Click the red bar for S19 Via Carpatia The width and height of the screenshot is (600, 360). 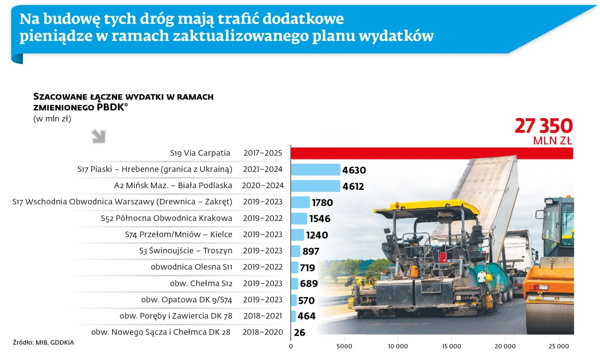coord(432,153)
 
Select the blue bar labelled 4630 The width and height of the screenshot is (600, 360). coord(315,170)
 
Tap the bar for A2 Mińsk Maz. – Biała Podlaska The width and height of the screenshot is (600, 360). coord(315,186)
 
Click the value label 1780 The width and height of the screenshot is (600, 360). coord(322,202)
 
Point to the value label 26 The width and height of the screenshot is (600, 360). coord(300,332)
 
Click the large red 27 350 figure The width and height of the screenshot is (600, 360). coord(543,126)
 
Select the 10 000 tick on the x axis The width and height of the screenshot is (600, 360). coord(398,346)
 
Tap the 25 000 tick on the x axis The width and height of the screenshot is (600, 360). coord(559,346)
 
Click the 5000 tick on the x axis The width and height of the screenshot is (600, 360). coord(345,346)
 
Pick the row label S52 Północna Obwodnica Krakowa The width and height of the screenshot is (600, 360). coord(166,218)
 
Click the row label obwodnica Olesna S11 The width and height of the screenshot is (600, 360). coord(191,267)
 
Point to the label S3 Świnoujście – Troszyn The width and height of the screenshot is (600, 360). coord(186,251)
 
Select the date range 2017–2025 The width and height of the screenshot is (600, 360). coord(262,153)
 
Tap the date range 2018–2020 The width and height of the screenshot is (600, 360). coord(262,332)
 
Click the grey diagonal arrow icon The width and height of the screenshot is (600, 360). coord(99,137)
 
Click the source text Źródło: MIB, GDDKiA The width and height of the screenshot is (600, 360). coord(40,342)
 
